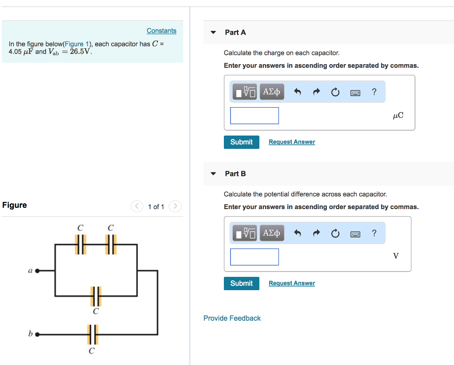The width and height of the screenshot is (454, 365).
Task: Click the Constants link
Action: tap(161, 31)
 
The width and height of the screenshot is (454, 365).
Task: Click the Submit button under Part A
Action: tap(242, 142)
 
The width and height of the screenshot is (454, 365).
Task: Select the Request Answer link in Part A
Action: tap(292, 142)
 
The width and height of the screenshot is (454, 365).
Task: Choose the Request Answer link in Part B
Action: tap(292, 283)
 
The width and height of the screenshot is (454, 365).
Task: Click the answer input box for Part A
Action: tap(254, 116)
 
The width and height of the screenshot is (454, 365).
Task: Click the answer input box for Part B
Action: tap(254, 257)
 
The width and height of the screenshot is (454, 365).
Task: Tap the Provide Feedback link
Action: tap(232, 318)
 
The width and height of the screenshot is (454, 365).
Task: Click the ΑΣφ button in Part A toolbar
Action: tap(271, 92)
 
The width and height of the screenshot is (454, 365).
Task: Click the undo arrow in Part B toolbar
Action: tap(297, 233)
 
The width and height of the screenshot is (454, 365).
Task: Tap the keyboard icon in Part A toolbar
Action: tap(355, 93)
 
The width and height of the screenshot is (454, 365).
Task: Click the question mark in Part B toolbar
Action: tap(374, 233)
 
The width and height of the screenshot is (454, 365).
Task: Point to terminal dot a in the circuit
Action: tap(38, 270)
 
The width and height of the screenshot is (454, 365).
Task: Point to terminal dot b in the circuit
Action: tap(38, 334)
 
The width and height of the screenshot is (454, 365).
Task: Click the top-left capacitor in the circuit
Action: tap(80, 244)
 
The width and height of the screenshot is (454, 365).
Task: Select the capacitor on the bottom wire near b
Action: tap(92, 334)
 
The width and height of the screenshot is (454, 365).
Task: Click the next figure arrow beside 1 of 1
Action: tap(176, 206)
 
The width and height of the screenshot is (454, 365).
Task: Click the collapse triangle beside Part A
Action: tap(213, 32)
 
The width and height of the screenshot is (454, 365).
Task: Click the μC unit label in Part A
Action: tap(398, 116)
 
